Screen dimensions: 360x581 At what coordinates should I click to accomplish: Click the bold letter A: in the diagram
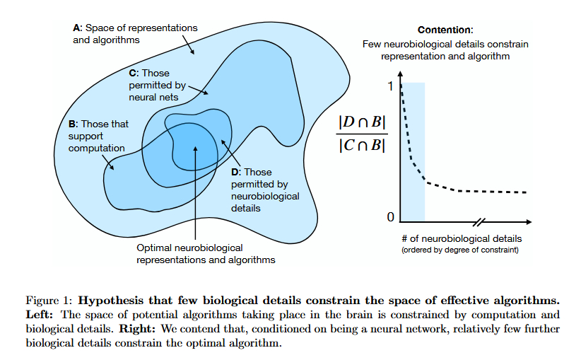click(x=78, y=28)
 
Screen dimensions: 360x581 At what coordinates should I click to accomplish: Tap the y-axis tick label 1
click(x=389, y=86)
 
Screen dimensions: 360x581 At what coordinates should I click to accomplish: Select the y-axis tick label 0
click(x=389, y=216)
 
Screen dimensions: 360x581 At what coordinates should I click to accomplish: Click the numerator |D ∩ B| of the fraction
click(x=361, y=122)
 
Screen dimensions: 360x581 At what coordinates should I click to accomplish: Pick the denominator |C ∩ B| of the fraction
click(x=361, y=147)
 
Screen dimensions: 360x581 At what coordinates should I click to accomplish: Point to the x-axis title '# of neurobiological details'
click(x=462, y=238)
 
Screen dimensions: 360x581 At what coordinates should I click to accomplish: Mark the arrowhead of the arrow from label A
click(x=195, y=54)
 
